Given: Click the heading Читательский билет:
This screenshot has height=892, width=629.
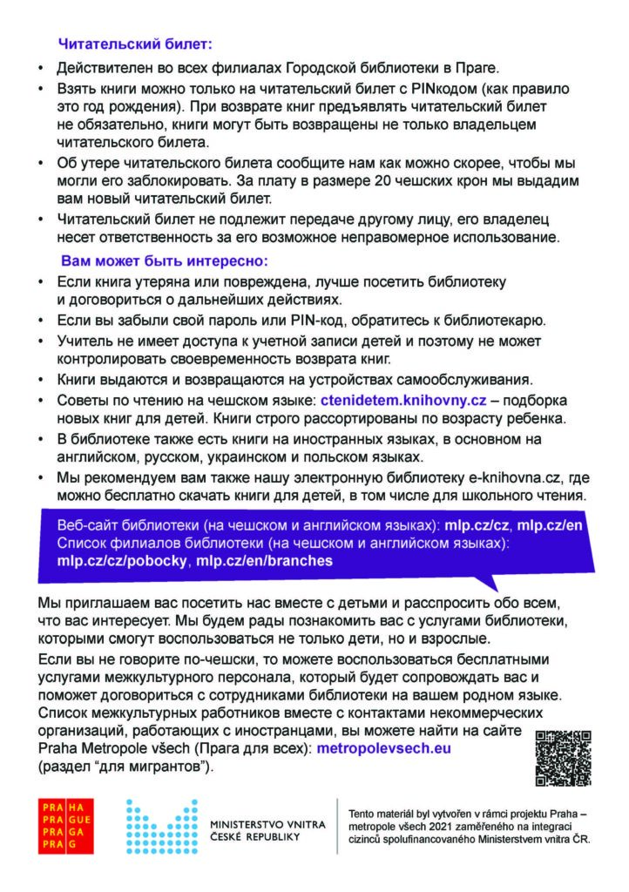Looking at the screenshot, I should tap(135, 41).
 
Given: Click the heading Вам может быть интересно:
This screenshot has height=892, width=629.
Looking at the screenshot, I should tap(163, 260).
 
